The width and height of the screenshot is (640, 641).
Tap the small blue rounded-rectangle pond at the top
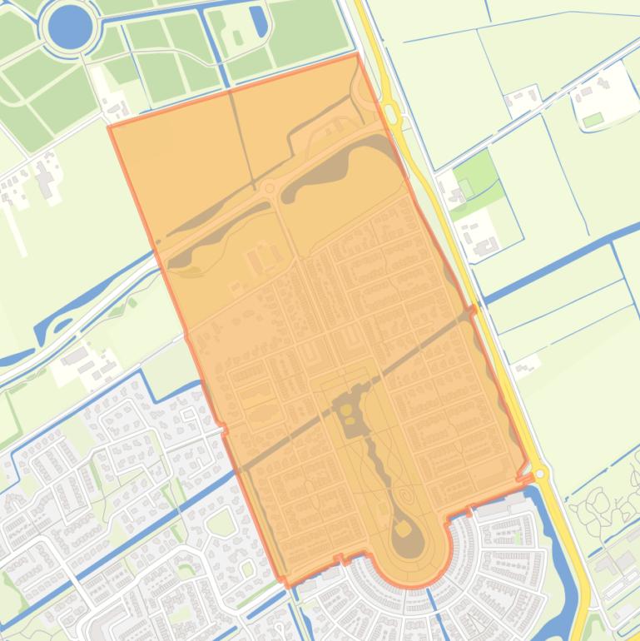(259, 22)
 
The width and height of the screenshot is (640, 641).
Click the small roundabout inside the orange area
(268, 189)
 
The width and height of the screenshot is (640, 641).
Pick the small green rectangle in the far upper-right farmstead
(593, 121)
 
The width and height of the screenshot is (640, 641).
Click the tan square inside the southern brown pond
(402, 529)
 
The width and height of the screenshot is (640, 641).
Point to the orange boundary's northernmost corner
(357, 55)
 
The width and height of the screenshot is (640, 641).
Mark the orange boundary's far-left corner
(109, 127)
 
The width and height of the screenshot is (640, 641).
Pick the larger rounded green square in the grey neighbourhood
(221, 523)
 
